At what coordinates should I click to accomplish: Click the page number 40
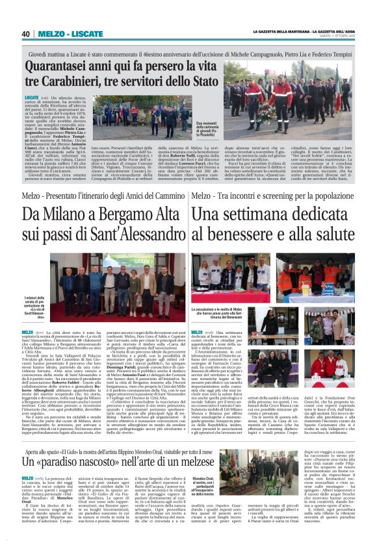tap(25, 34)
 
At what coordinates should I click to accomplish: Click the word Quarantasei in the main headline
tap(57, 68)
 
